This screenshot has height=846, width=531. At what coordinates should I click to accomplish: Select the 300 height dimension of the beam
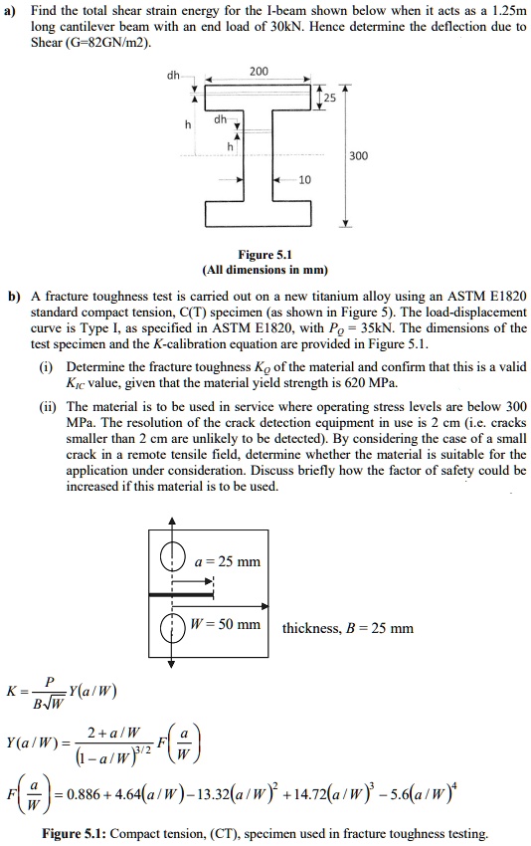359,156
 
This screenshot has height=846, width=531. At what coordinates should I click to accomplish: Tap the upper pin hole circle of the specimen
173,554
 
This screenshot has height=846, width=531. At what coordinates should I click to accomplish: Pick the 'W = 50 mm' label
231,625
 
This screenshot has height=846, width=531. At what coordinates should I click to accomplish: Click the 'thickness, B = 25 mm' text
348,628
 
